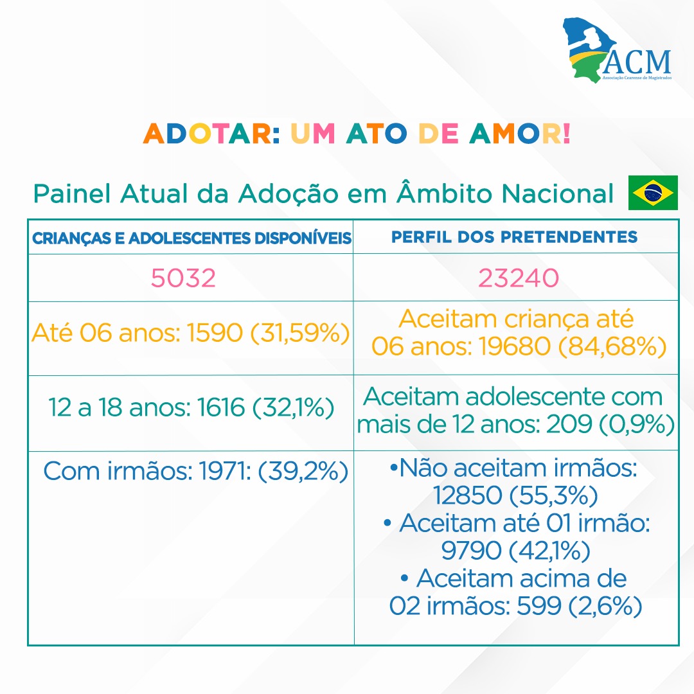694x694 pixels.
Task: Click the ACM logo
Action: pos(617,49)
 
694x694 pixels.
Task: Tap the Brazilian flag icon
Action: pos(653,193)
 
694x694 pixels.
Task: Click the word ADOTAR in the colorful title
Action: pos(211,133)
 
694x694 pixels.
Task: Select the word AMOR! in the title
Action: pos(520,133)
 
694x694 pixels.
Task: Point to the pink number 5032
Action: pos(183,278)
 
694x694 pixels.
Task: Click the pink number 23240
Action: pos(519,278)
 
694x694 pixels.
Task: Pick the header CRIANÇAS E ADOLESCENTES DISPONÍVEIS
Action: pos(191,238)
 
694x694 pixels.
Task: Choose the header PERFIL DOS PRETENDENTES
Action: pos(514,236)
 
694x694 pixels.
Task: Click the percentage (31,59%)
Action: pos(300,333)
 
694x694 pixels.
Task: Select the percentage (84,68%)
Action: pos(612,346)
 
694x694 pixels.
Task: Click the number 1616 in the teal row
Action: pos(221,407)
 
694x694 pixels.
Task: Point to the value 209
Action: pos(569,424)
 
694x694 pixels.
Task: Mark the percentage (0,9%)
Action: pos(636,425)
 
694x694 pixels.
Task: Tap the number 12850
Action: pos(467,495)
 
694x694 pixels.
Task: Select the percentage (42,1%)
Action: pos(549,551)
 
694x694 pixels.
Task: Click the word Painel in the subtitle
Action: pos(72,193)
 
